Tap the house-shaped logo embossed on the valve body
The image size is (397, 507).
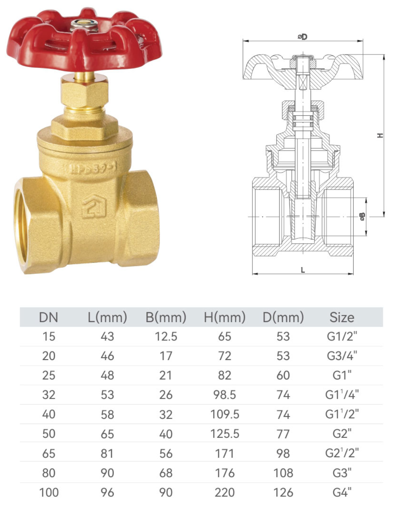tap(94, 207)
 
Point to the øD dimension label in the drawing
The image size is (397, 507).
tap(303, 37)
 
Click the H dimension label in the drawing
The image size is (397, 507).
tap(380, 136)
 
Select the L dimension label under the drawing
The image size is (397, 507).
tap(303, 270)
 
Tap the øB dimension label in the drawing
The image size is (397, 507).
tap(362, 217)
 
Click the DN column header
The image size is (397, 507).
tap(49, 317)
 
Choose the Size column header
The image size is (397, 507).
tap(342, 317)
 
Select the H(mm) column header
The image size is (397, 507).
tap(224, 317)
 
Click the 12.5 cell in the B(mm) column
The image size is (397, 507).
tap(166, 337)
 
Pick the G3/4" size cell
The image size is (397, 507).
tap(342, 356)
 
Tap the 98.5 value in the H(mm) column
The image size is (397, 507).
tap(224, 395)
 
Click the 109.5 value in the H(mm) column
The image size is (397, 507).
tap(224, 414)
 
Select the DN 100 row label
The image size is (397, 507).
tap(49, 492)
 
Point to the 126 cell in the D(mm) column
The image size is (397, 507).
tap(283, 492)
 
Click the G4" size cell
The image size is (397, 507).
tap(342, 492)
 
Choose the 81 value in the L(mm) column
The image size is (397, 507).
tap(107, 453)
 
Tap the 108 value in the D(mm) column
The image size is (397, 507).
tap(283, 473)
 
